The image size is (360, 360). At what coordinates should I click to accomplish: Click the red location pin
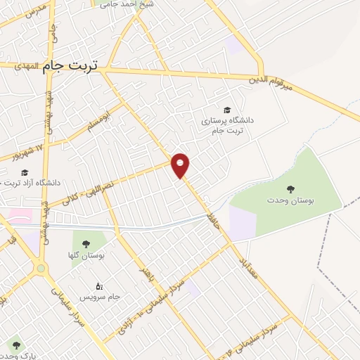(181, 164)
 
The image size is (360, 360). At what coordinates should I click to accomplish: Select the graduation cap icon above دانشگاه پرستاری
(227, 110)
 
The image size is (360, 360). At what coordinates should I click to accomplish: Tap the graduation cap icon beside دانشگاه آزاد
(25, 172)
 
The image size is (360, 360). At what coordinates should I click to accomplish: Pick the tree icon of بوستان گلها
(86, 243)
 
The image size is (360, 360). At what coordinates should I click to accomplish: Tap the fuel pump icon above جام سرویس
(99, 285)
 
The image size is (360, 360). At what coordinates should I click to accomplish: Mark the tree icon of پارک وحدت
(16, 345)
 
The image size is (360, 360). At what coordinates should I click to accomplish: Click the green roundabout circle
(41, 268)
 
